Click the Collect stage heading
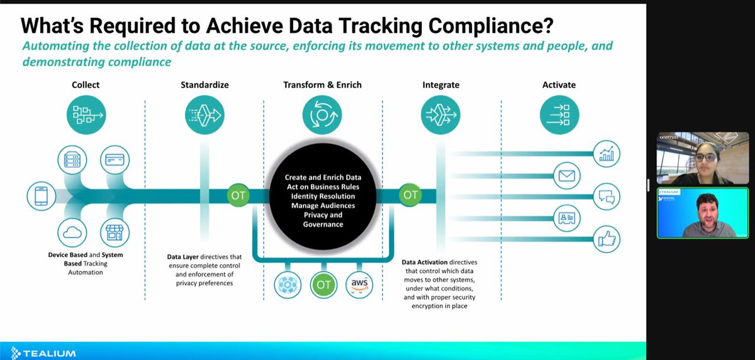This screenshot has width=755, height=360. point(86,85)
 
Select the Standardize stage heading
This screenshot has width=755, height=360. point(204,85)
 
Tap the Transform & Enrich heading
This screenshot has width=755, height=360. point(322,85)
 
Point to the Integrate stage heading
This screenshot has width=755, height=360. point(441,85)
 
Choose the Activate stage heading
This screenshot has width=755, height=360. point(559,85)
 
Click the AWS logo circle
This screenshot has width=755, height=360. point(359,285)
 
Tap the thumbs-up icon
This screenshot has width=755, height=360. point(607,239)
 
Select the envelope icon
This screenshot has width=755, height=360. point(567,176)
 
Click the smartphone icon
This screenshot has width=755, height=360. point(42,196)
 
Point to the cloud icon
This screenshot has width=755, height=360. point(72,232)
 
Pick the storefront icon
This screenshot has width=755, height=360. point(115,232)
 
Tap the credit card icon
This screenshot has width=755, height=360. point(115,159)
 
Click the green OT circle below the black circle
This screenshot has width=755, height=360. point(323,285)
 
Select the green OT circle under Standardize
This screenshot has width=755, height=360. point(238,195)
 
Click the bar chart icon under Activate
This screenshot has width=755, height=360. point(607,154)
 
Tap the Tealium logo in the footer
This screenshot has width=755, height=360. point(43,352)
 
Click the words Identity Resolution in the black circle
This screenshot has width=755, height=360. point(322,196)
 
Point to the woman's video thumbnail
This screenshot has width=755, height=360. point(695,158)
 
